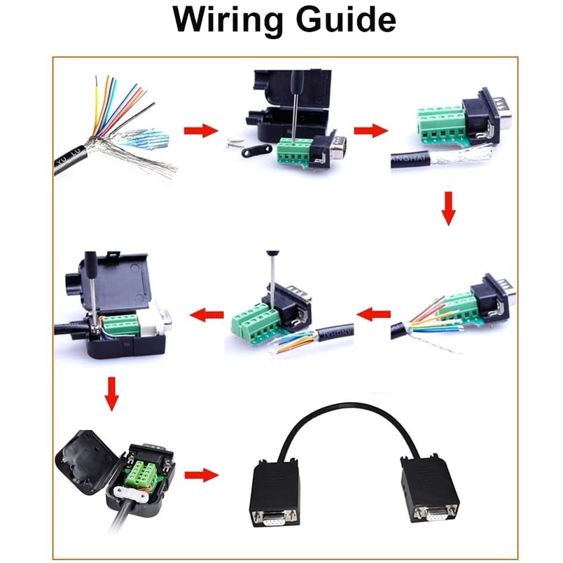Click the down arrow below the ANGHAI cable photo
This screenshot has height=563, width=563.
coord(449,209)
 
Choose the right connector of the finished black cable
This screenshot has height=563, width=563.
coord(429,491)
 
